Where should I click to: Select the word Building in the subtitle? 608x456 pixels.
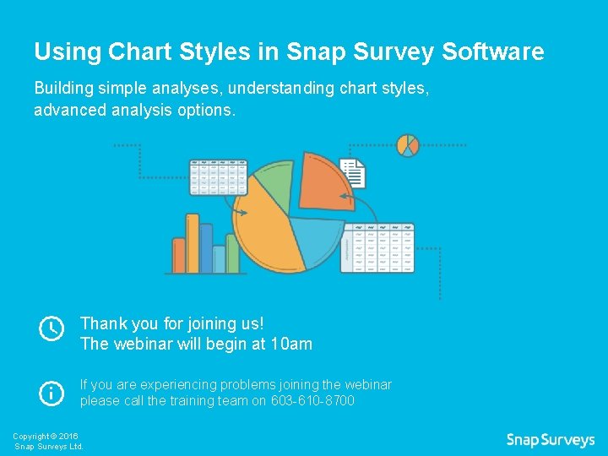click(62, 88)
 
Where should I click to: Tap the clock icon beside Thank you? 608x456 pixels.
click(52, 328)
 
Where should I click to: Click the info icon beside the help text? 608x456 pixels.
click(52, 393)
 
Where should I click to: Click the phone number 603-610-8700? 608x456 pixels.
click(312, 401)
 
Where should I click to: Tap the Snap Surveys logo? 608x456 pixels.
click(550, 440)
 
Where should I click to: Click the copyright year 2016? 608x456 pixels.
click(68, 436)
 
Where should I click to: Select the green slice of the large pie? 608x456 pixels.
click(269, 182)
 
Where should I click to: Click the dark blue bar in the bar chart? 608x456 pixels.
click(232, 254)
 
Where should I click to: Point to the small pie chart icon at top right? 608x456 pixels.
click(409, 144)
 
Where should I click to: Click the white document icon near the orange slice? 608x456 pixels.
click(352, 172)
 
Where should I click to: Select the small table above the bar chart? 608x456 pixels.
click(218, 176)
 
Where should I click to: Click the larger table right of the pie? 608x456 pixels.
click(377, 248)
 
